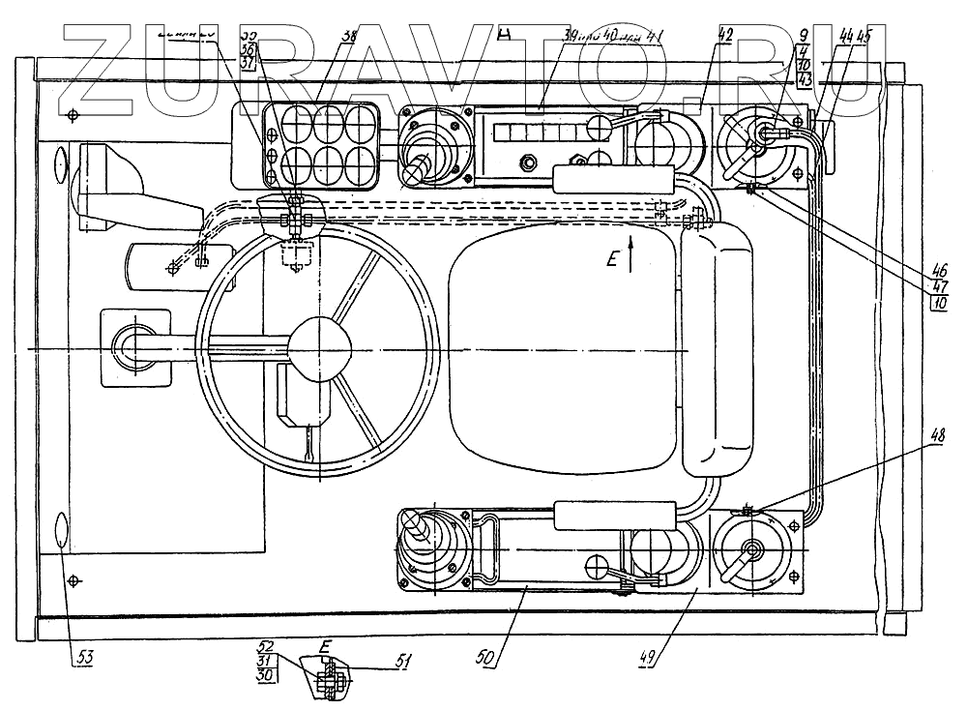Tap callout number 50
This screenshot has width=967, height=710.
[487, 657]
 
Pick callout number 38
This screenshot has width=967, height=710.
[347, 35]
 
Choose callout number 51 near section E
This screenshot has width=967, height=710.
[403, 662]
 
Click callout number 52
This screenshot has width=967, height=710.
[265, 646]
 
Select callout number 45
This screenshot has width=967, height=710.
[862, 36]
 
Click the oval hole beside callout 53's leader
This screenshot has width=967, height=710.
[61, 531]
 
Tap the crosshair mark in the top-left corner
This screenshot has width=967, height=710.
[74, 115]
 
